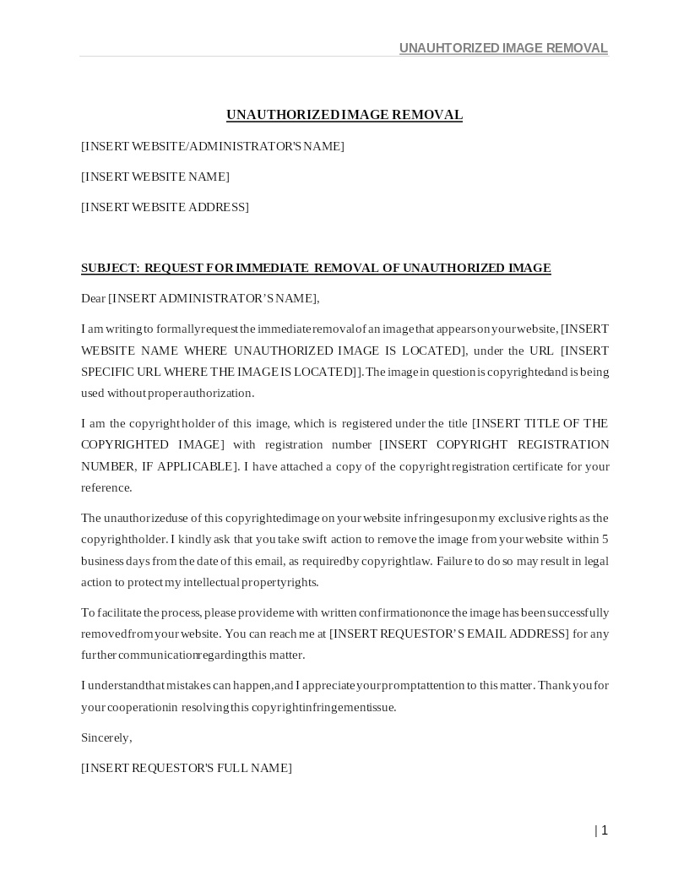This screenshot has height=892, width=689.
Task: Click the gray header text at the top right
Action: pyautogui.click(x=503, y=48)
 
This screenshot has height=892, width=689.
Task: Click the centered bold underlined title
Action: pyautogui.click(x=344, y=115)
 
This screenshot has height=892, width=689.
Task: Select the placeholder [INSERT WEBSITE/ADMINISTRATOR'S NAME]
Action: pyautogui.click(x=213, y=146)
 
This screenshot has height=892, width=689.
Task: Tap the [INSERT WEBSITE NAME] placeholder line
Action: pyautogui.click(x=155, y=177)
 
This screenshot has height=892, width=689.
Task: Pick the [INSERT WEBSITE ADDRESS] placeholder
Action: pyautogui.click(x=165, y=207)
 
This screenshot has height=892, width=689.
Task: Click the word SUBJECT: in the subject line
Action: pyautogui.click(x=111, y=268)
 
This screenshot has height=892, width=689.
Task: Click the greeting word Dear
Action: pyautogui.click(x=93, y=298)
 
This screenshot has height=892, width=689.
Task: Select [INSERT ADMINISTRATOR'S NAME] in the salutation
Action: pyautogui.click(x=214, y=298)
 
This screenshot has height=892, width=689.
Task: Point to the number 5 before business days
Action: pyautogui.click(x=605, y=539)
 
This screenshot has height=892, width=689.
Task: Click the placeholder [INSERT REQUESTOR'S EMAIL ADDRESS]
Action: pyautogui.click(x=448, y=634)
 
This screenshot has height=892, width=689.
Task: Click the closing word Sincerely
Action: pyautogui.click(x=106, y=737)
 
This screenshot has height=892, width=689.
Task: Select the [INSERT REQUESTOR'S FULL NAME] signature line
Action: pyautogui.click(x=187, y=768)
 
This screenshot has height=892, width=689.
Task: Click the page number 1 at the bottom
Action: pyautogui.click(x=605, y=830)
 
